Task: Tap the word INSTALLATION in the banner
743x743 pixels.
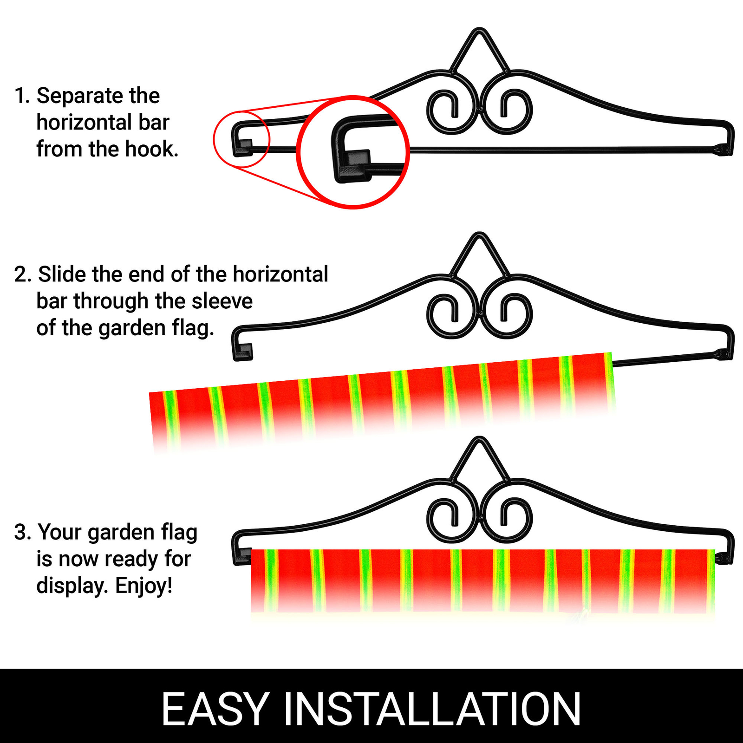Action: (x=432, y=709)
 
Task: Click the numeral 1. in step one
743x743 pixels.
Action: (x=22, y=96)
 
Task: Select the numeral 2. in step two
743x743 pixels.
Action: (x=23, y=274)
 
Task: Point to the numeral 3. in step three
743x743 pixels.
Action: (x=23, y=533)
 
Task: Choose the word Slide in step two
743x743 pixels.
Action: (x=63, y=274)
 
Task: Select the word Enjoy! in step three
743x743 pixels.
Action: (x=144, y=586)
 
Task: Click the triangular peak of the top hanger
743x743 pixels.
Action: (x=479, y=42)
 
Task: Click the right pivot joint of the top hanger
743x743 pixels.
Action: (x=722, y=150)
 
